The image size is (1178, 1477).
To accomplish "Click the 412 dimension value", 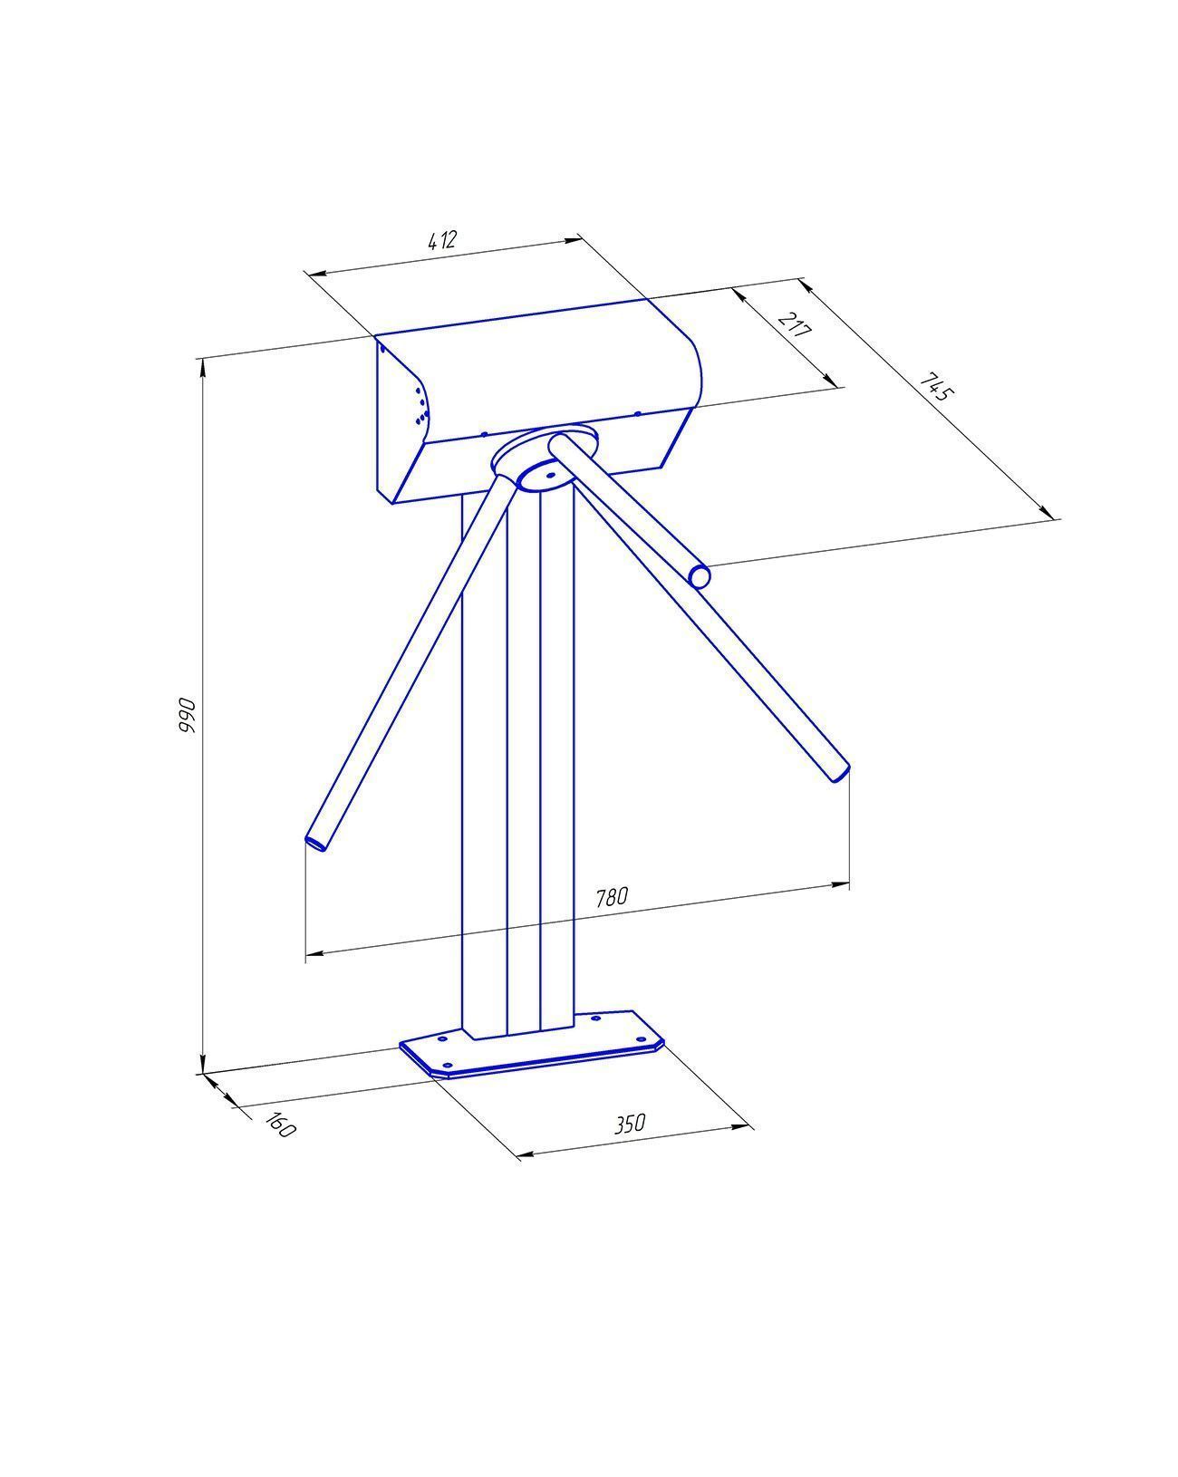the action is [x=441, y=240].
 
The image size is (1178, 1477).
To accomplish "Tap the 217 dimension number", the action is [x=795, y=324].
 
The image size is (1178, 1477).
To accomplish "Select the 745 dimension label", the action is [x=937, y=388].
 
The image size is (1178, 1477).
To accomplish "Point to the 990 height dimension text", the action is [x=187, y=714].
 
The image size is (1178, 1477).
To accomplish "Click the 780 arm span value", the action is [x=611, y=897].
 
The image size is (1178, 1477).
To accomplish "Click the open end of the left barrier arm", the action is [x=316, y=843].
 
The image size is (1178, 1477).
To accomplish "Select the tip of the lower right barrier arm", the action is [x=841, y=774].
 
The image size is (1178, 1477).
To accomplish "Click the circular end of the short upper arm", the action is [x=700, y=575].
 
